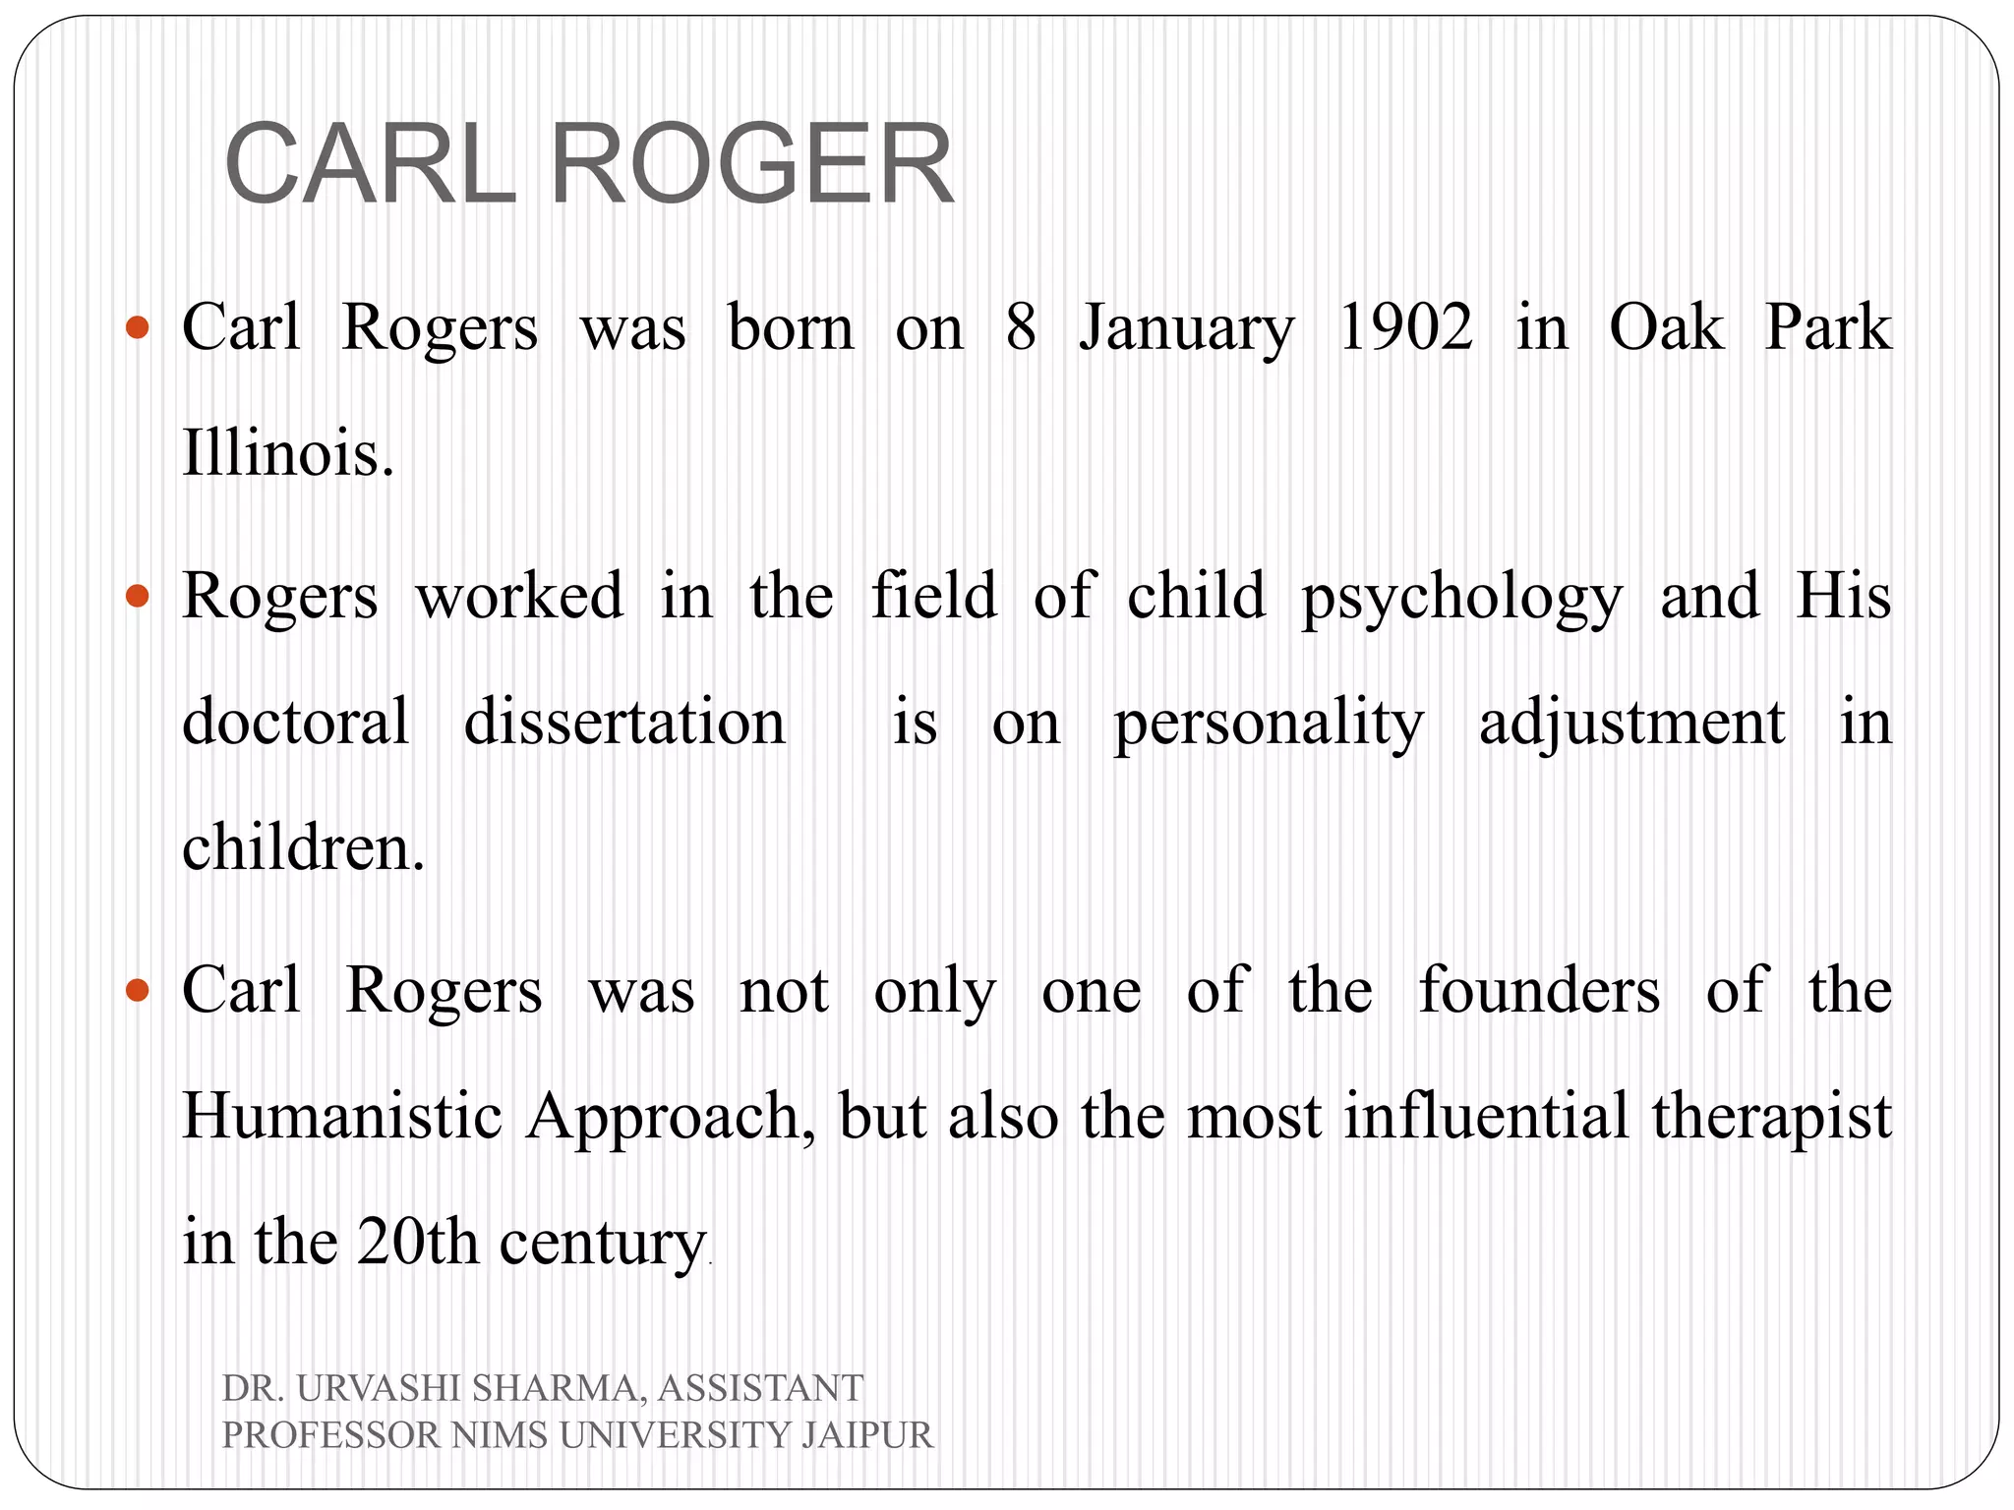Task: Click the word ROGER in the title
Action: click(751, 163)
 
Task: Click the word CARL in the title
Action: click(370, 163)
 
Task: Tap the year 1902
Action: click(1405, 327)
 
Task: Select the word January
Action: click(1187, 329)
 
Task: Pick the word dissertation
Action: click(624, 722)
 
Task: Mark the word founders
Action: click(1539, 990)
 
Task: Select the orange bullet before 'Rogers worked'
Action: click(138, 596)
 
